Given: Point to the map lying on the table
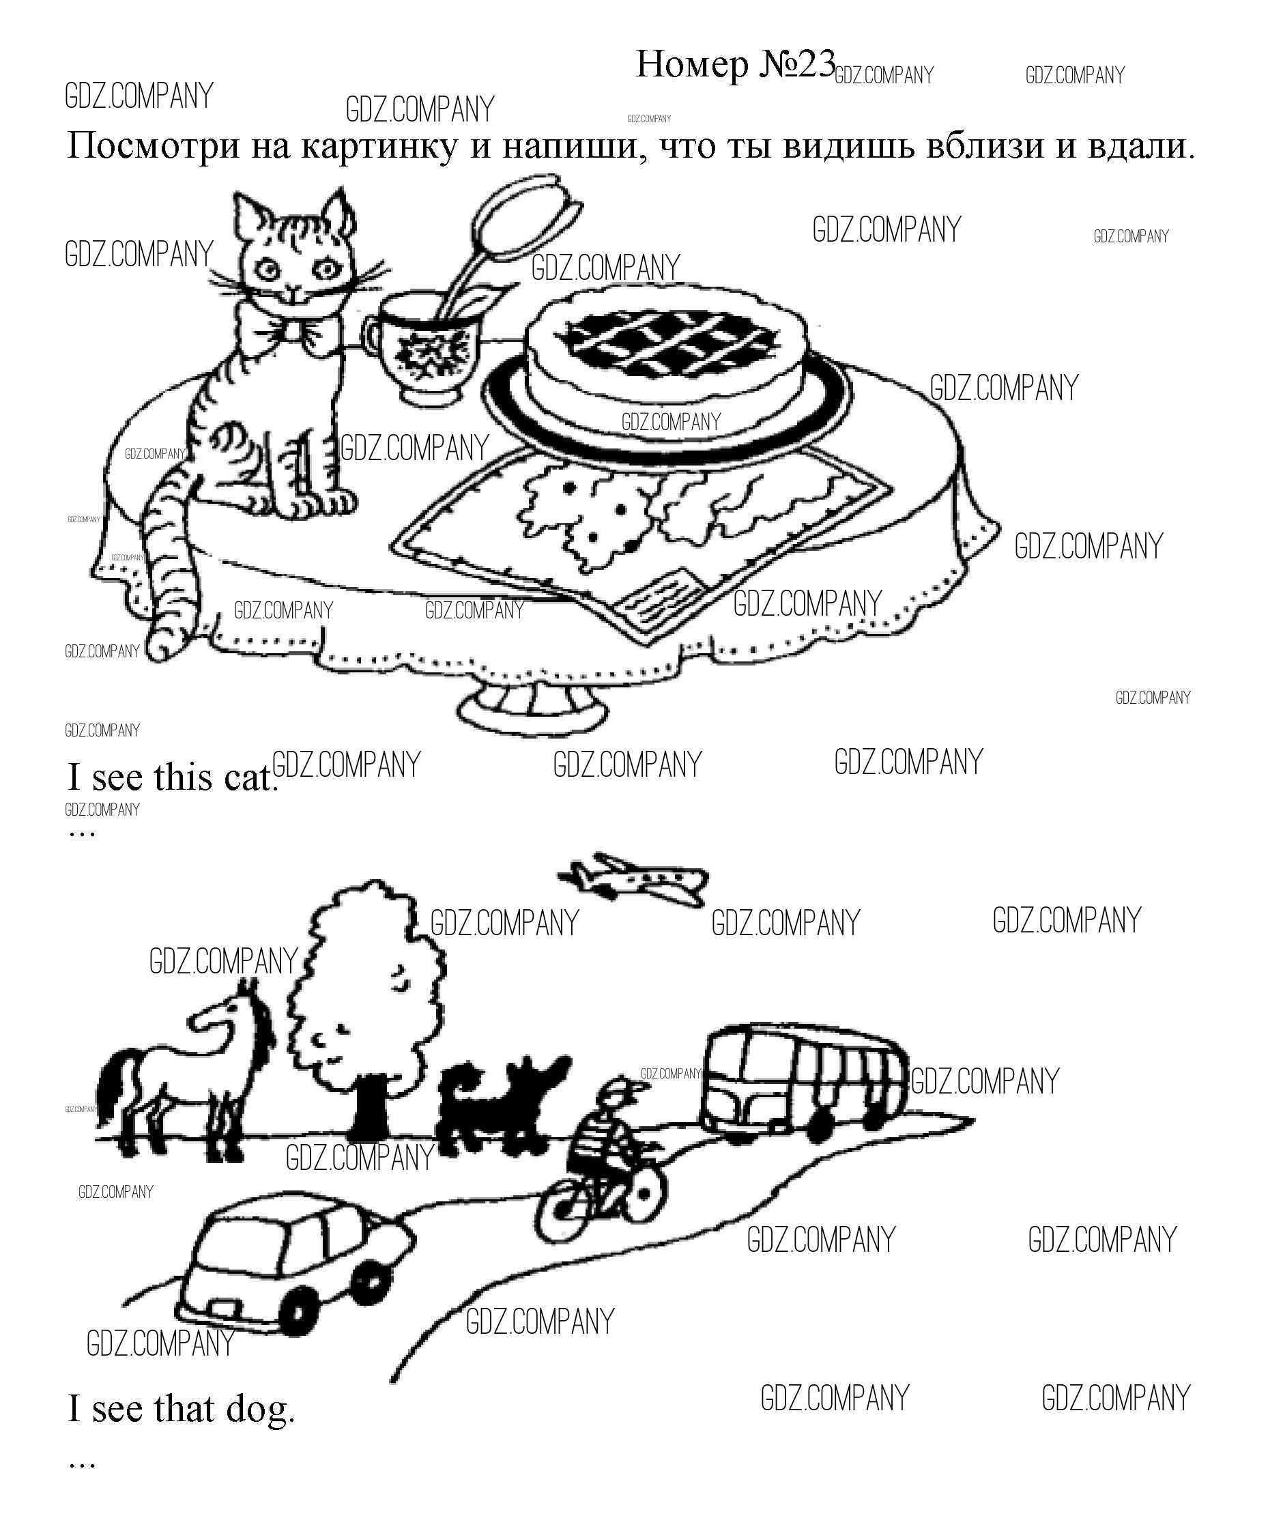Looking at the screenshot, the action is pos(641,539).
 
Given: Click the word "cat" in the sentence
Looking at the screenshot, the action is pos(251,777).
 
